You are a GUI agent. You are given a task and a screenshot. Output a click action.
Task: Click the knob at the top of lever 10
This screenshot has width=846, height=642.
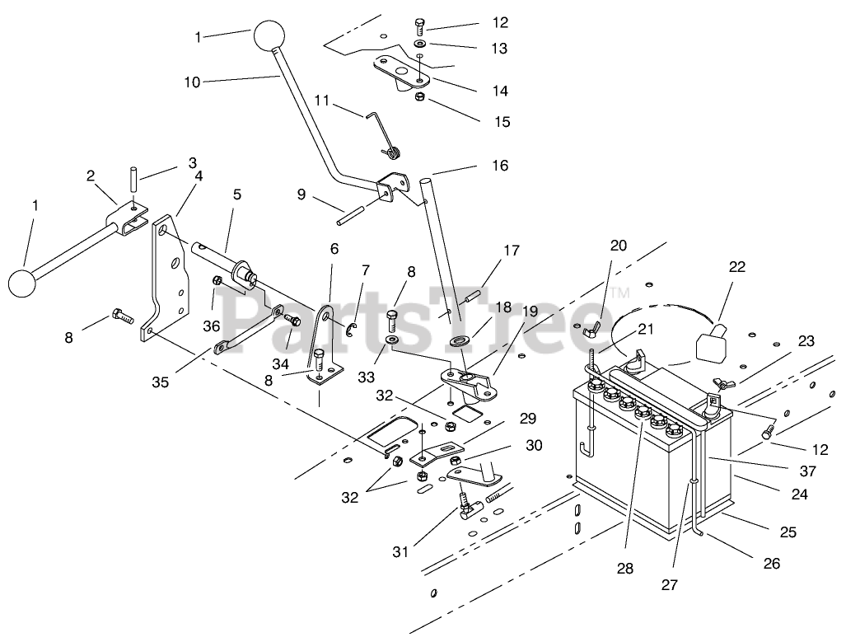click(269, 37)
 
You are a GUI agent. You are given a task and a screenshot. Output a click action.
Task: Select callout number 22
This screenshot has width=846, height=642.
click(736, 266)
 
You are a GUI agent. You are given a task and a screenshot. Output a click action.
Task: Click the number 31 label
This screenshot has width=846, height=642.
click(401, 551)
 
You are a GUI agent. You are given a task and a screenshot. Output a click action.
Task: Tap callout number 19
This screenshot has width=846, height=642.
click(529, 312)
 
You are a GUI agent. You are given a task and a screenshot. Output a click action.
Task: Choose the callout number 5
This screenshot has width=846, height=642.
click(237, 195)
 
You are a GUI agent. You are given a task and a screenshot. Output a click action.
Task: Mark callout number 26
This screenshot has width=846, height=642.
click(771, 564)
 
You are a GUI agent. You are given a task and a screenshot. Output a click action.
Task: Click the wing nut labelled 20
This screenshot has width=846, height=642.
click(592, 333)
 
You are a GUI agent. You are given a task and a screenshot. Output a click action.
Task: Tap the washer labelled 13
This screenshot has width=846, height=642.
click(420, 43)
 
